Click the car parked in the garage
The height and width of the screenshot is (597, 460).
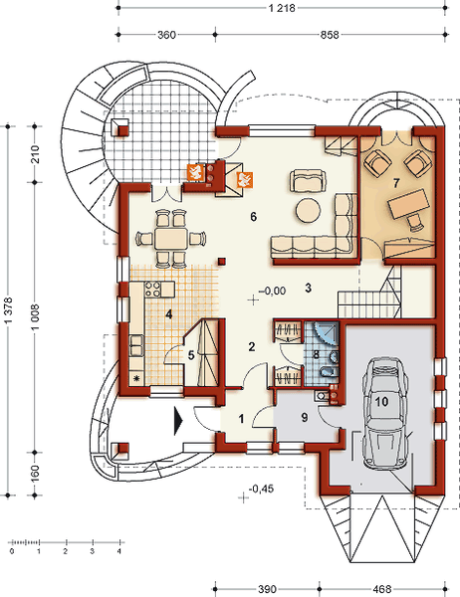(384, 412)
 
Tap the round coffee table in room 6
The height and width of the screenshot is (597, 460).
(309, 210)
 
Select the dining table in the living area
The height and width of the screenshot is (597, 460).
(170, 239)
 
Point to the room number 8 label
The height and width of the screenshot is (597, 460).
(316, 355)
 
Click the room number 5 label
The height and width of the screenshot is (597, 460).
(191, 355)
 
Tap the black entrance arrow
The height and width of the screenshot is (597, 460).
(178, 421)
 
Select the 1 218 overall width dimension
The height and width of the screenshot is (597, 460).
(282, 8)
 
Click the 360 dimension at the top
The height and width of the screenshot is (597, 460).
(166, 35)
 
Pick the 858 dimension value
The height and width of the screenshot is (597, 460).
(330, 35)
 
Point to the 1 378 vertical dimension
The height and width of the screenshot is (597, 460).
(8, 310)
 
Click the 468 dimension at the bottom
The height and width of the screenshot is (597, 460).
(382, 589)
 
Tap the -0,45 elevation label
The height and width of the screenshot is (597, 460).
(261, 489)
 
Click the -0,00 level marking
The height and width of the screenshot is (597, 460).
(272, 291)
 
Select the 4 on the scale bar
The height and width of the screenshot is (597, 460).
(119, 551)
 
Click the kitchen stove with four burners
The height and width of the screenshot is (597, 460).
(152, 289)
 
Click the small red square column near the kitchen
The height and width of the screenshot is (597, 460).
(222, 261)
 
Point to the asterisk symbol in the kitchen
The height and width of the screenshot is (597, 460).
(137, 378)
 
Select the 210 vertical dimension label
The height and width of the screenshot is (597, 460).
(35, 154)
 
